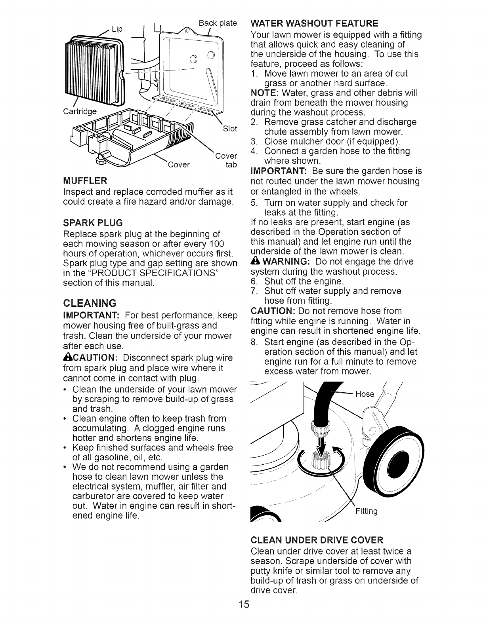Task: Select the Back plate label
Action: coord(218,23)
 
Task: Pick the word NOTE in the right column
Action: coord(262,93)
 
